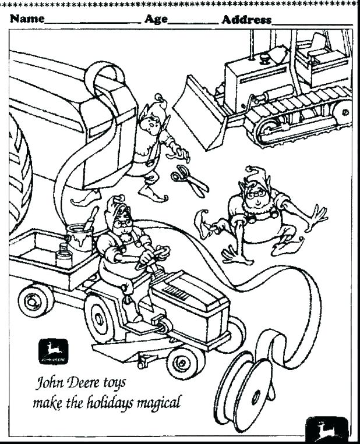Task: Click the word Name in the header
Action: point(27,19)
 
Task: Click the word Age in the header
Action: point(156,19)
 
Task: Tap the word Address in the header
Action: point(246,20)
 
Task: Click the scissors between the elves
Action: point(190,179)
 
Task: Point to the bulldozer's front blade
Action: point(200,111)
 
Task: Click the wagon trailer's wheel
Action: point(36,300)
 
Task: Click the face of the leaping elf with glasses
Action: point(255,193)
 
